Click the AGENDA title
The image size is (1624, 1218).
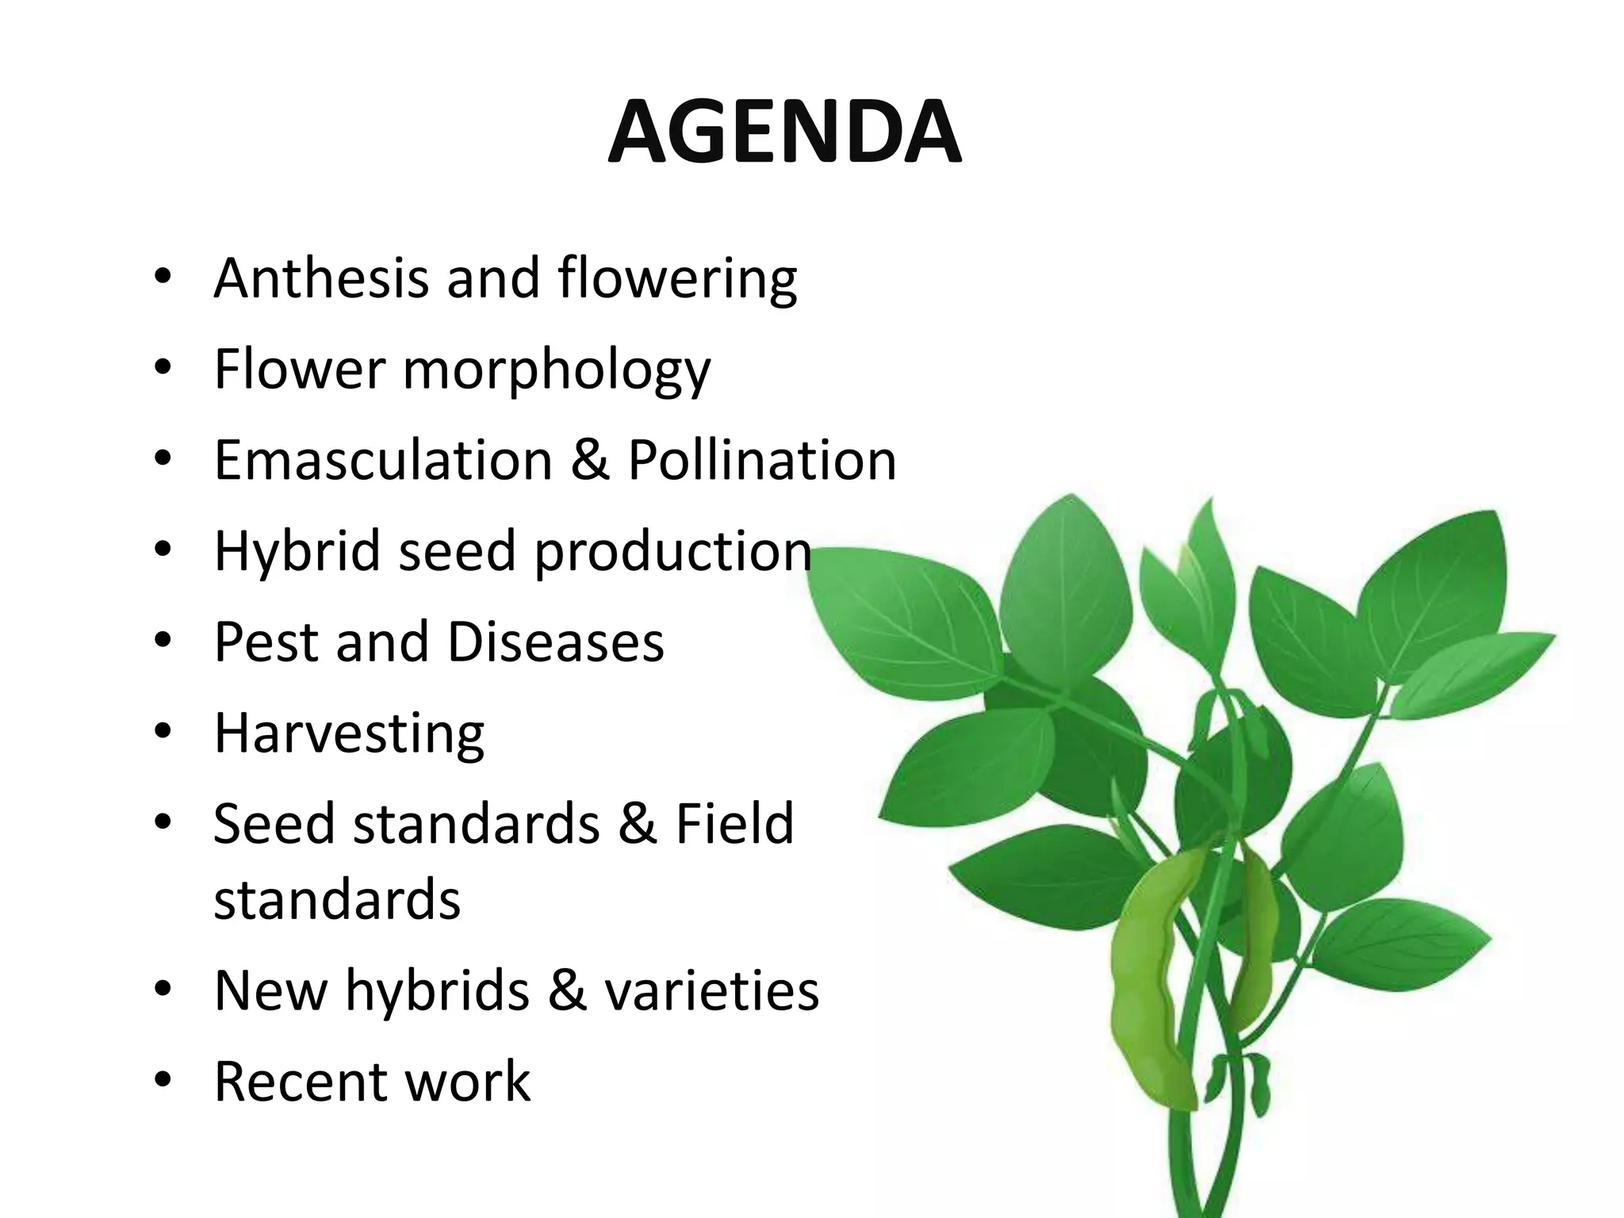click(784, 132)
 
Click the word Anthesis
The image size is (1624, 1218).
click(321, 278)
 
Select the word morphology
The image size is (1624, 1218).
click(557, 370)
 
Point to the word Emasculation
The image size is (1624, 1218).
click(383, 460)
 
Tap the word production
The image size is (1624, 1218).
click(672, 552)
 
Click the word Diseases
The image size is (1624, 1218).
click(555, 642)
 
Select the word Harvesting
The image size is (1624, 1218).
click(349, 733)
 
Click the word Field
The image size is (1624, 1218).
click(733, 823)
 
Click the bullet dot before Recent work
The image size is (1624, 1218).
click(163, 1081)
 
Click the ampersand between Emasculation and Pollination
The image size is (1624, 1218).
click(590, 460)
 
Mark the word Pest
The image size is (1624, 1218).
click(266, 642)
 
